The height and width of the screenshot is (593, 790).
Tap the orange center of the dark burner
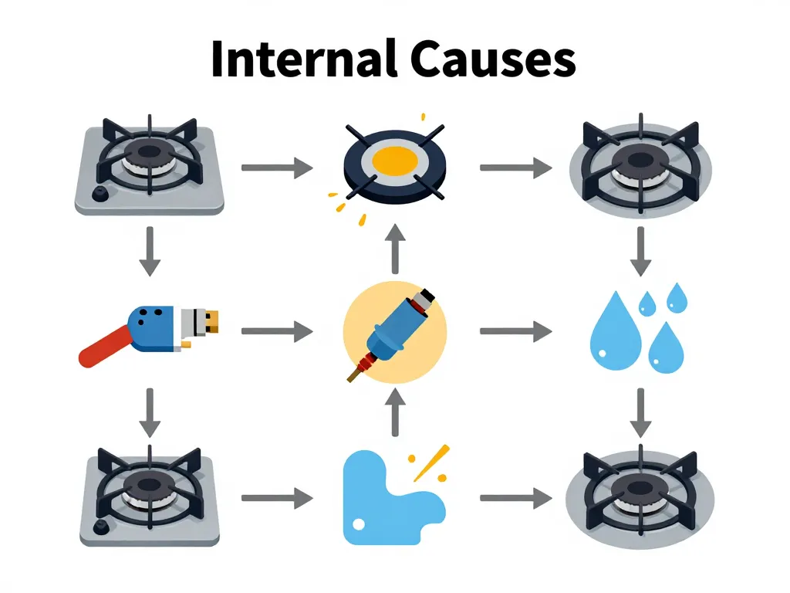click(394, 161)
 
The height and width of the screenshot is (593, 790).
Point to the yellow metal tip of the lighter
click(211, 322)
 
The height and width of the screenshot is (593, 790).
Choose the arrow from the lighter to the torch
click(277, 332)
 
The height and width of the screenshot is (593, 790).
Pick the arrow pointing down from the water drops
click(639, 412)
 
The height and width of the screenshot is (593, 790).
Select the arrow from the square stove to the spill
click(277, 499)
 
